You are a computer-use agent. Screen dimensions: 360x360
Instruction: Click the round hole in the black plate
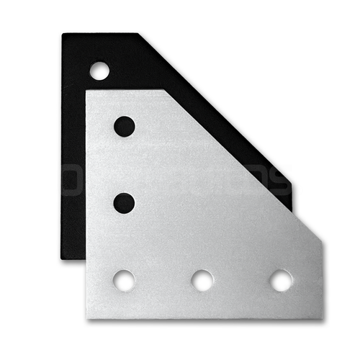(99, 71)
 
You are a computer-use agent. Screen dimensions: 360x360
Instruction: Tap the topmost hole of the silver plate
(125, 126)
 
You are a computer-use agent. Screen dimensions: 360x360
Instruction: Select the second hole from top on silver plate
(125, 202)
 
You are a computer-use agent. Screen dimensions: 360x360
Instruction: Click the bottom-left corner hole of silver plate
(125, 280)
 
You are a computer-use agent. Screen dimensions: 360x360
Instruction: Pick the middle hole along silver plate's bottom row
(202, 280)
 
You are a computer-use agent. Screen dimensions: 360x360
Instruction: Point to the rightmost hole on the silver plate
(281, 280)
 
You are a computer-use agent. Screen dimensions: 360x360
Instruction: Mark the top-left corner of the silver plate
(88, 91)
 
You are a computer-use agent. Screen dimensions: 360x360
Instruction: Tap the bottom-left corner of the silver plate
(88, 318)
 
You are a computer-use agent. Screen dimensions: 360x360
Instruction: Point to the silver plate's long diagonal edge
(245, 166)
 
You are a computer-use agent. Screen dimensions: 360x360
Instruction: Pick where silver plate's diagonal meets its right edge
(322, 240)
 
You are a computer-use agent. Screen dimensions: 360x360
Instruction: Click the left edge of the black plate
(63, 144)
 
